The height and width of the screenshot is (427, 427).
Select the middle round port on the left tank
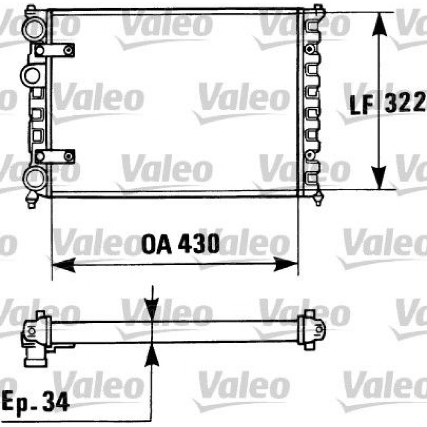click(x=31, y=76)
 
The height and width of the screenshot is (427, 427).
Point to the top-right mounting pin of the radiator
click(x=318, y=9)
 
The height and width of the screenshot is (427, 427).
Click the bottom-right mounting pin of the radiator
click(x=318, y=200)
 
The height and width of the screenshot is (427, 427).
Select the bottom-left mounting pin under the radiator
click(x=31, y=201)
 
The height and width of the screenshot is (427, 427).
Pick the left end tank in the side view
click(x=36, y=337)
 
